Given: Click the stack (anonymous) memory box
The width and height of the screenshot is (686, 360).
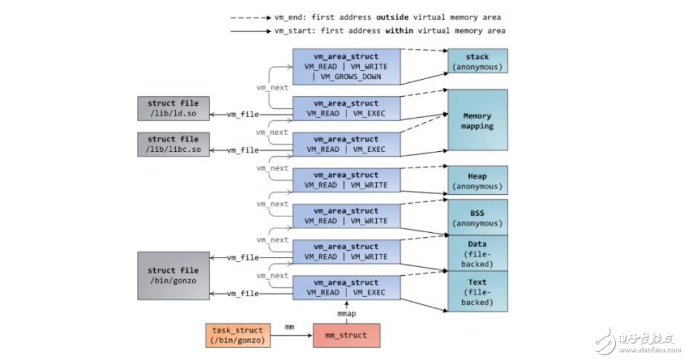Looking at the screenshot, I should point(477,61).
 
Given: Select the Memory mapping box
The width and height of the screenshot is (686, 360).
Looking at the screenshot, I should point(477,120).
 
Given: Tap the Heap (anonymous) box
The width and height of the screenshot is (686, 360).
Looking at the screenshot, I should point(477,181).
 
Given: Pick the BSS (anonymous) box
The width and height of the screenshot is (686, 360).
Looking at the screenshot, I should point(477,218).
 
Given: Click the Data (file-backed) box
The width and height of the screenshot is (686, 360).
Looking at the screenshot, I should point(477,253).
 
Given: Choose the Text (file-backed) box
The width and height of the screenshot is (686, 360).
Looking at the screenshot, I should point(477,292).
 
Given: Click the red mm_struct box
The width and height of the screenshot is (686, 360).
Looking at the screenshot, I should point(347,335).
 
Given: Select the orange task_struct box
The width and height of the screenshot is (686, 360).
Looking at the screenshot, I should point(237,335).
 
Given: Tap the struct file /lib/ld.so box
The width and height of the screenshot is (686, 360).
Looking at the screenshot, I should point(173,108).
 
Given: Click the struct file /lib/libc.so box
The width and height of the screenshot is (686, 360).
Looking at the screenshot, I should point(173,144).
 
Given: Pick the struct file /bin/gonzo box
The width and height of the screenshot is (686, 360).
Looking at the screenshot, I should point(173,275).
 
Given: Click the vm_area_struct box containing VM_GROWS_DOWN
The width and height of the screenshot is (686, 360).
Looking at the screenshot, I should point(346,66).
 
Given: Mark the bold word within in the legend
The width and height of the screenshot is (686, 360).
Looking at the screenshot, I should point(384,30).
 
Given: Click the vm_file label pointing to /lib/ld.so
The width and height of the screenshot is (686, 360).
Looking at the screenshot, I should point(242,115).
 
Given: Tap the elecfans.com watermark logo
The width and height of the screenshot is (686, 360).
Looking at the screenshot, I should point(636,343).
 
